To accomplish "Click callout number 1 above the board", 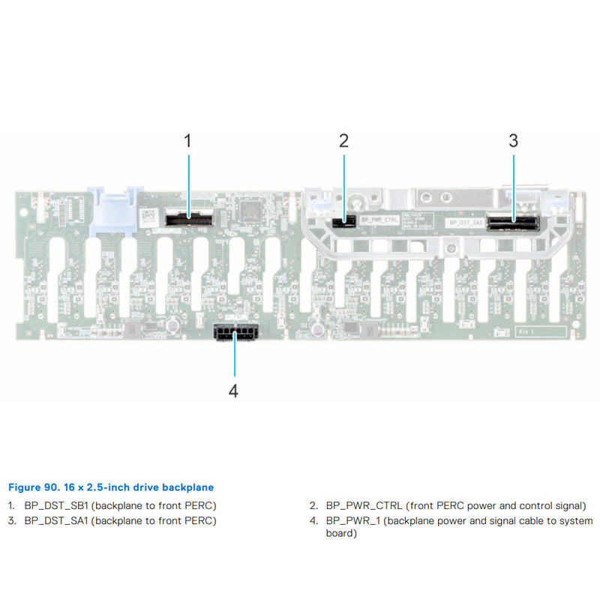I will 187,140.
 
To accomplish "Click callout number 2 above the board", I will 343,140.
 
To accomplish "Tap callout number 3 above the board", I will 513,140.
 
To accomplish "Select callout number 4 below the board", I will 234,391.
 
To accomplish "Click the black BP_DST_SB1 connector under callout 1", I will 189,218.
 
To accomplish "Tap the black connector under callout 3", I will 514,222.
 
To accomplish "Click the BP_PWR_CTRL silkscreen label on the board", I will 378,220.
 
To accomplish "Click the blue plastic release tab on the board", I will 112,208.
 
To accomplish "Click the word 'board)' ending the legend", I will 341,534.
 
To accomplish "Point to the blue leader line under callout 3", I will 514,184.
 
